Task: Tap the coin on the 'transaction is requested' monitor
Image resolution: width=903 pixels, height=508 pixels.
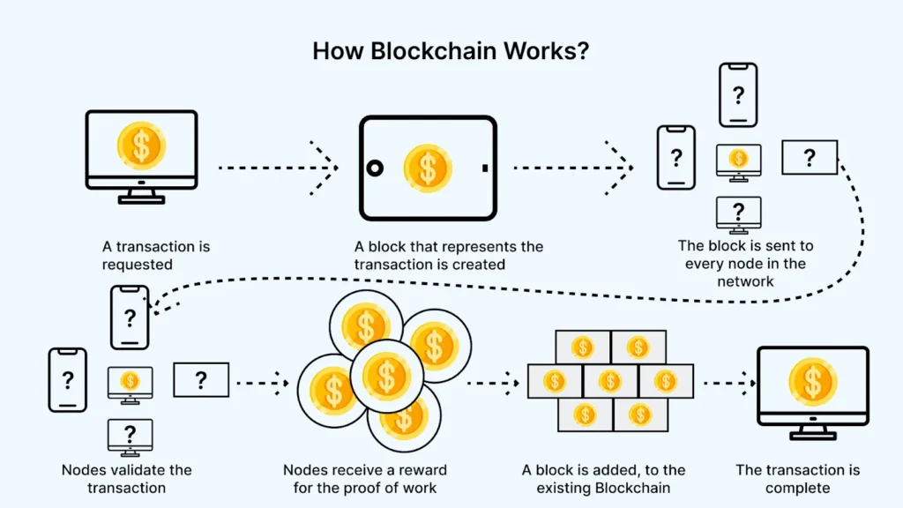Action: point(141,146)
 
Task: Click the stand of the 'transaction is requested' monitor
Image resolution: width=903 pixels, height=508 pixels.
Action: point(141,195)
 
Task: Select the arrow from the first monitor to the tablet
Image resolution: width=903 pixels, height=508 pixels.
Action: point(278,166)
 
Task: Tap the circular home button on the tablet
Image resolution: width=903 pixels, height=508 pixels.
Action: point(376,168)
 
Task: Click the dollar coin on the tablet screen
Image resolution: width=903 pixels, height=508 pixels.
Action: point(428,167)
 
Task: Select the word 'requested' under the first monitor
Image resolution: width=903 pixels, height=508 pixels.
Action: point(137,264)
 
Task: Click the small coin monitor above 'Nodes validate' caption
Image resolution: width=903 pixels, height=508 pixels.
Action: point(131,381)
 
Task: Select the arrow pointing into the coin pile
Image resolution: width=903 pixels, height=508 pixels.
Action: point(263,382)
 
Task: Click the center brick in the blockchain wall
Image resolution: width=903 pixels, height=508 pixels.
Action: point(610,381)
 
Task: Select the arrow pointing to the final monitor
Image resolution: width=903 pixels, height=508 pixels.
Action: point(729,383)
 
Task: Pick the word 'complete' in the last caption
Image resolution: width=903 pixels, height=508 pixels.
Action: point(797,488)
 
